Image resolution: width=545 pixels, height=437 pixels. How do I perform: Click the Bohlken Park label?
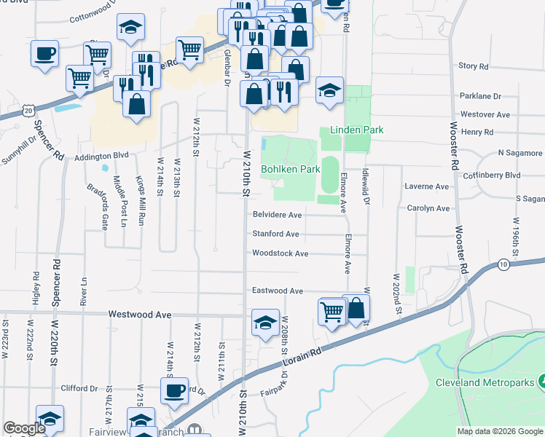(x=291, y=169)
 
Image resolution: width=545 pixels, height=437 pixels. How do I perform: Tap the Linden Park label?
(x=357, y=130)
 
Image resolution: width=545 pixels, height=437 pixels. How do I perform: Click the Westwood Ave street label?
(x=139, y=314)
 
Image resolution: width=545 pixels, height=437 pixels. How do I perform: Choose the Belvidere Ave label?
(x=277, y=215)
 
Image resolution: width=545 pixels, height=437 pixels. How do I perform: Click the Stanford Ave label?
(x=275, y=234)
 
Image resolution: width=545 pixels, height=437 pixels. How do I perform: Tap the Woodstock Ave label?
(x=281, y=253)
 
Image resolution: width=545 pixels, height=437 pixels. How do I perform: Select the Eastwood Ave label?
(x=278, y=291)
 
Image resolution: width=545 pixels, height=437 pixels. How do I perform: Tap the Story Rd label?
(x=474, y=66)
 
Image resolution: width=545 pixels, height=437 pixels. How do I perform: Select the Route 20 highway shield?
(x=28, y=110)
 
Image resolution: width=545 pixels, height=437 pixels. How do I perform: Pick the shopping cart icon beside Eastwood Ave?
(x=332, y=311)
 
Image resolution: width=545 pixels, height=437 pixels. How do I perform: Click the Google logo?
(x=24, y=429)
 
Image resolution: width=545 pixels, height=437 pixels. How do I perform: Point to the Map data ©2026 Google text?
(x=499, y=431)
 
